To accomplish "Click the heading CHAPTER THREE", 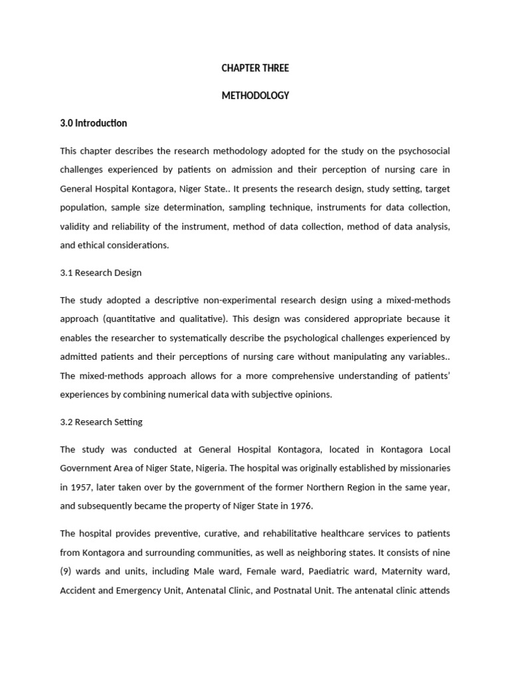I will (x=255, y=68).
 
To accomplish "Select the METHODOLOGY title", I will (x=255, y=95).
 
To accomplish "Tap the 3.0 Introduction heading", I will (x=93, y=123).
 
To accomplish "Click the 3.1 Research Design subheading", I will (x=100, y=273).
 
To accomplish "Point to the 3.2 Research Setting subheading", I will (x=101, y=422).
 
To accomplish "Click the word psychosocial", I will (x=421, y=151).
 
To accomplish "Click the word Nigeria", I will (x=242, y=468).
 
